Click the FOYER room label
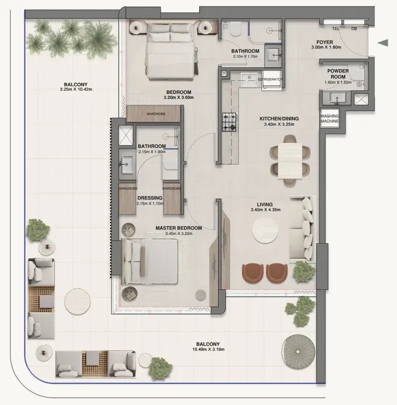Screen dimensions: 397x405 325,42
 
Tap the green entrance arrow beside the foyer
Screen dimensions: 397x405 383,43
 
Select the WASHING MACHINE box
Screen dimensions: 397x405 330,119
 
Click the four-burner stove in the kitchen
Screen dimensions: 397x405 229,122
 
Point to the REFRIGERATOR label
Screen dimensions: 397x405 270,79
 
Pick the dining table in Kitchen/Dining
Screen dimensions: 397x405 290,161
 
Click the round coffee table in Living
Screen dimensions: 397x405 265,230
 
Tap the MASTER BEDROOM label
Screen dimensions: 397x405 179,228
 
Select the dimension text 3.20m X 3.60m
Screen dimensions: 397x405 178,98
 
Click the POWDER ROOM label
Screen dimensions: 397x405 338,74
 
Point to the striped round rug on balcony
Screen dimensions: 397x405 298,352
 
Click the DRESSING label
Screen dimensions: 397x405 150,198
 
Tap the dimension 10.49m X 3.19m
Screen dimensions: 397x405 208,350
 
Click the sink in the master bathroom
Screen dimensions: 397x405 126,164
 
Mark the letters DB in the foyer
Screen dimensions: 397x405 354,28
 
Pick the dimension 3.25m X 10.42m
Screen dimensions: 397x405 76,89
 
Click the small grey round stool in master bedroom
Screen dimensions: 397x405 201,295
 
